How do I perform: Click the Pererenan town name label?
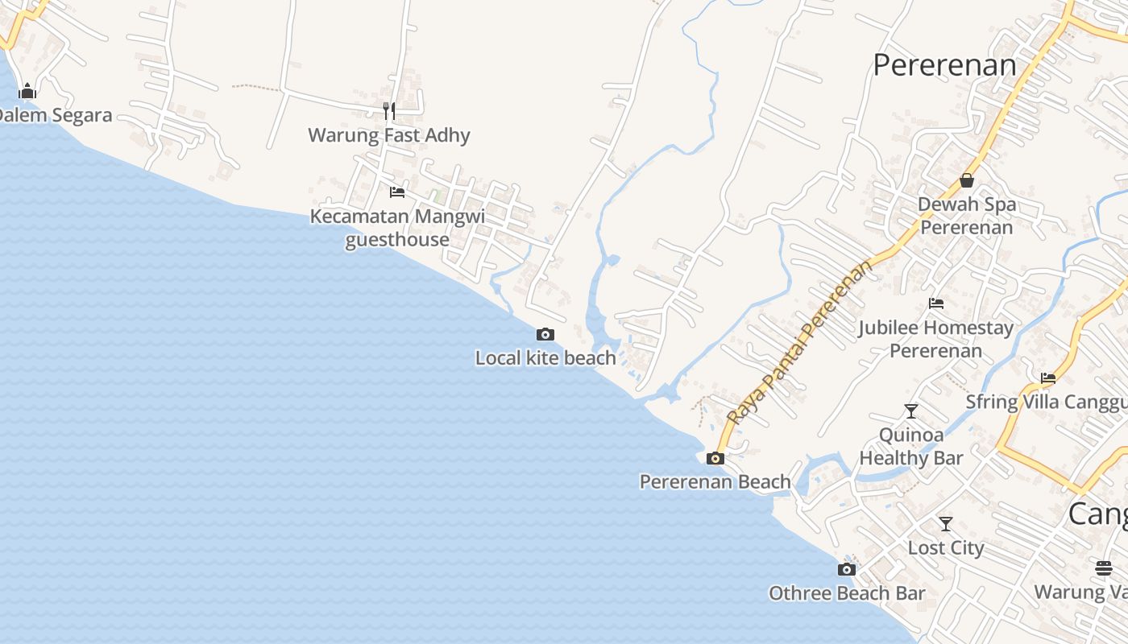[x=944, y=65]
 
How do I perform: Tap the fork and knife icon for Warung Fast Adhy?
[x=389, y=110]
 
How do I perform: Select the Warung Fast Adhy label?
[x=389, y=135]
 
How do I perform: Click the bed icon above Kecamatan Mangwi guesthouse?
[x=397, y=192]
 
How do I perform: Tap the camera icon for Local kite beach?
[x=545, y=334]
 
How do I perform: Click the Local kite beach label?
[x=545, y=358]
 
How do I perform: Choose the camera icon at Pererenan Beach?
[x=715, y=459]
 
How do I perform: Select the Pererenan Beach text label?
[x=715, y=482]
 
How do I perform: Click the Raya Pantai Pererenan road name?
[x=799, y=341]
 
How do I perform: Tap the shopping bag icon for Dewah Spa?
[x=967, y=180]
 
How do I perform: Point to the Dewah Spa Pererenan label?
[x=967, y=216]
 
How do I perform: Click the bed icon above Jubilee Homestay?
[x=936, y=303]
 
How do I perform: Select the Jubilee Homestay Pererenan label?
[x=936, y=340]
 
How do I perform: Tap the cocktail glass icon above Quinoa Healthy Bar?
[x=911, y=411]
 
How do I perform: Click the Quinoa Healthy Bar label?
[x=911, y=447]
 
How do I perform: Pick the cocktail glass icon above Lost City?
[x=946, y=524]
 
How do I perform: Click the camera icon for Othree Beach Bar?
[x=846, y=570]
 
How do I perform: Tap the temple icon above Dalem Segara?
[x=27, y=91]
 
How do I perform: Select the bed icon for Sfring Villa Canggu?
[x=1048, y=378]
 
